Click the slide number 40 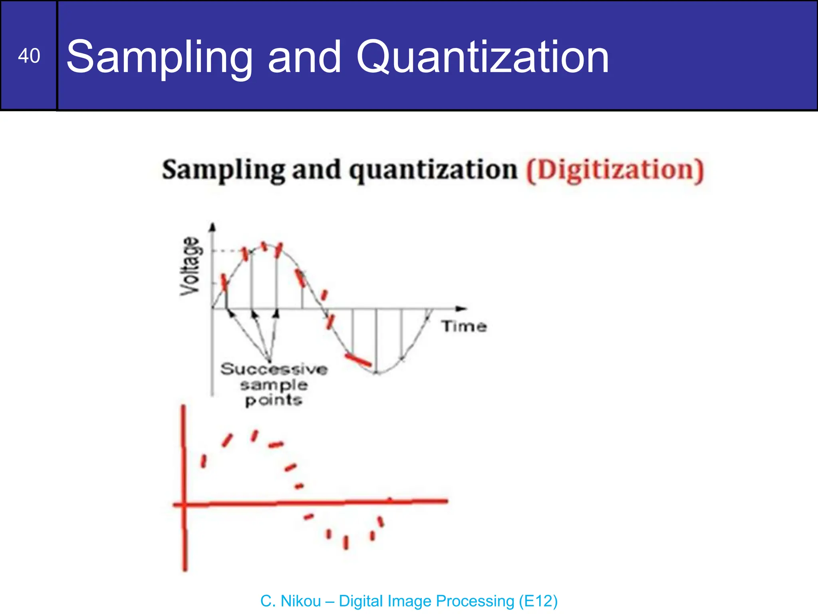29,56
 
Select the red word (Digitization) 615,170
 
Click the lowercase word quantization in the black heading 433,170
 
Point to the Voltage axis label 190,266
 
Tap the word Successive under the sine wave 274,369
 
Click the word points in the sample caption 274,400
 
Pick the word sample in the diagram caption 274,385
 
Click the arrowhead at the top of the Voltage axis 212,227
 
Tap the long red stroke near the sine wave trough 358,360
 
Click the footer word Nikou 301,601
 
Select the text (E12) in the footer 538,601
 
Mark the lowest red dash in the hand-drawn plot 346,542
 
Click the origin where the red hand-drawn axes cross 184,504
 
